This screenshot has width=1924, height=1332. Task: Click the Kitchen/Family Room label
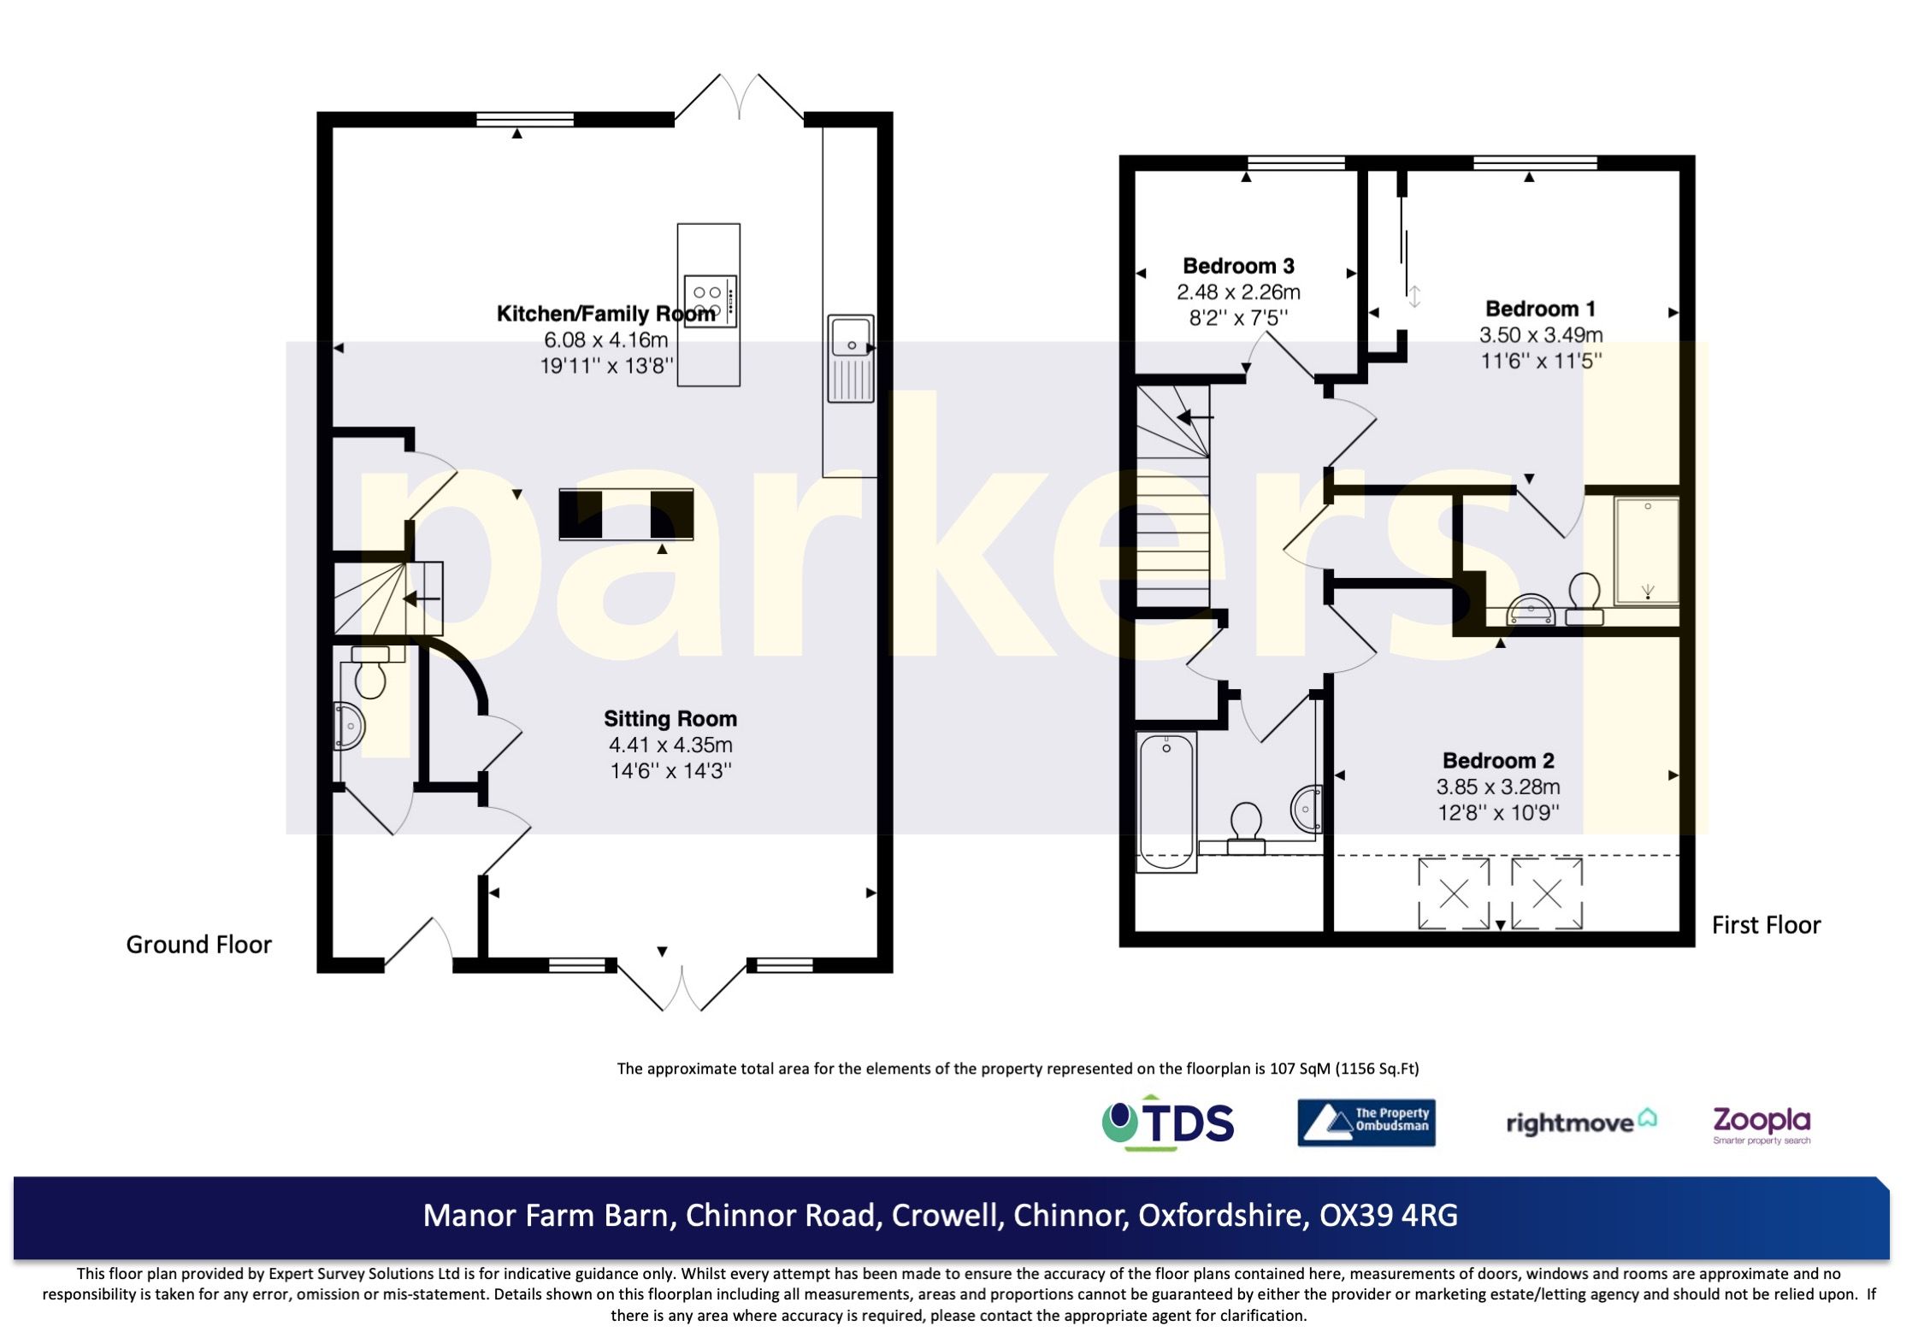point(605,314)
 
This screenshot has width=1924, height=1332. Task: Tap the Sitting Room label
point(670,719)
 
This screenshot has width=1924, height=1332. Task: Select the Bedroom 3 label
point(1237,266)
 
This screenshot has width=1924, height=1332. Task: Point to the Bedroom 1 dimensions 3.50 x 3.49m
point(1540,335)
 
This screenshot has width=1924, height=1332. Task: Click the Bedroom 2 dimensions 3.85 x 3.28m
point(1497,787)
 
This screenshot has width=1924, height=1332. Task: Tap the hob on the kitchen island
point(710,300)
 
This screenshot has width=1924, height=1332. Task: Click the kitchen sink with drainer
point(851,358)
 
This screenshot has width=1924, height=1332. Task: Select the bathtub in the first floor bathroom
point(1166,801)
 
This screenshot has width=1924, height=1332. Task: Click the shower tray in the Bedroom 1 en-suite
point(1647,551)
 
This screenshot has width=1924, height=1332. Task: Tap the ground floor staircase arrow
point(422,598)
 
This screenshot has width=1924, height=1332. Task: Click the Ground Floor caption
point(198,945)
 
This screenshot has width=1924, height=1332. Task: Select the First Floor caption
point(1766,925)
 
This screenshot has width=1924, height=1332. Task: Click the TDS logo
point(1168,1123)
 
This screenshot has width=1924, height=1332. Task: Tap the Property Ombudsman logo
point(1366,1123)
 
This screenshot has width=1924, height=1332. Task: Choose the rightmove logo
point(1580,1123)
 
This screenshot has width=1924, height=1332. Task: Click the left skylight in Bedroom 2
point(1454,894)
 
